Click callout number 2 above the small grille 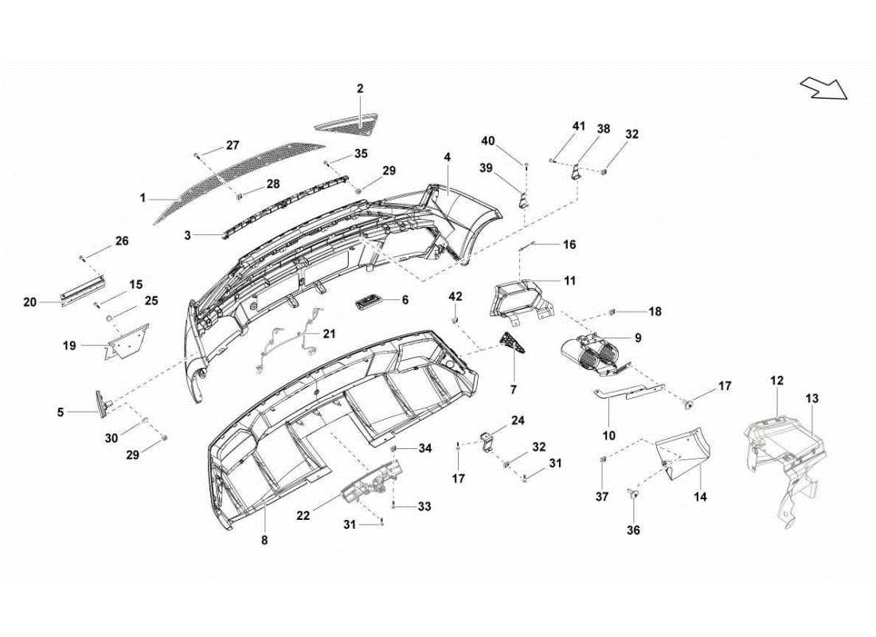[360, 89]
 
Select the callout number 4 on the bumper [448, 158]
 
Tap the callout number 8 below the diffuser [264, 540]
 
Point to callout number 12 [776, 381]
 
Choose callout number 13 [811, 397]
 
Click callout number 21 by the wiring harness [329, 334]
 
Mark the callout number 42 [455, 296]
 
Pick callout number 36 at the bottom [634, 530]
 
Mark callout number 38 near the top [603, 127]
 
